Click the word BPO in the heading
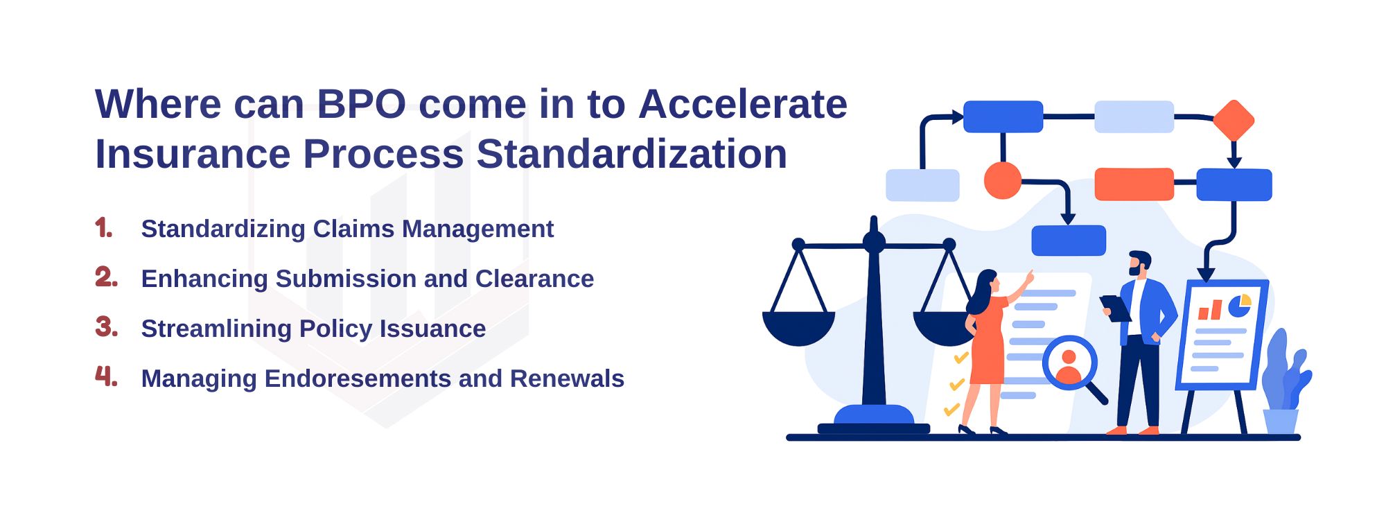[362, 105]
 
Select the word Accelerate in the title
[743, 105]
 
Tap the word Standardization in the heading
[632, 154]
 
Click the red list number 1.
[104, 227]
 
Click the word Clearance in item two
[534, 279]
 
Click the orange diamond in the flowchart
[1234, 121]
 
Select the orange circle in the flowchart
[1003, 181]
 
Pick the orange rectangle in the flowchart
[1134, 184]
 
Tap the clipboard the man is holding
[1115, 308]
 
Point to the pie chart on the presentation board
[1239, 305]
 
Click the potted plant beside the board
[1284, 383]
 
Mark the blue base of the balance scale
[874, 419]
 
